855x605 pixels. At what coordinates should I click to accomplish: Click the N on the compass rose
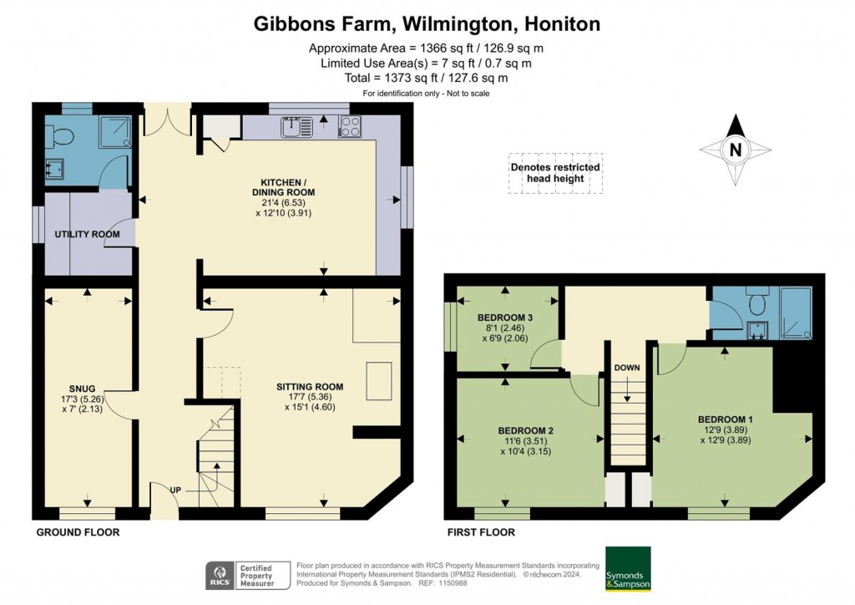point(736,149)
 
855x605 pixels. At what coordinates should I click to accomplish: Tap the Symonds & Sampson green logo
point(628,568)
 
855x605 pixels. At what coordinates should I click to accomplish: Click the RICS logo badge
point(220,576)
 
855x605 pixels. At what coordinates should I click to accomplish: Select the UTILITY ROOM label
point(87,234)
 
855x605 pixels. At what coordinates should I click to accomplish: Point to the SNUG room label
point(83,389)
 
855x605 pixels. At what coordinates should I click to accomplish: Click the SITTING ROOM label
point(310,387)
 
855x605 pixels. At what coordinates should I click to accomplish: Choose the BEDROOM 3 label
point(505,318)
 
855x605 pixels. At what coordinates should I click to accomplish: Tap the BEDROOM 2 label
point(526,430)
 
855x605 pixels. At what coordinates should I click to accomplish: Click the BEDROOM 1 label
point(726,419)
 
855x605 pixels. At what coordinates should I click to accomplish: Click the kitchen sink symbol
point(298,127)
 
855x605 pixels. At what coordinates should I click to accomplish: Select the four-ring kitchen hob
point(350,127)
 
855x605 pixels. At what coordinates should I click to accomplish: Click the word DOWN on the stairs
point(627,368)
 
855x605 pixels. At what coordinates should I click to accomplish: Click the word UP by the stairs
point(175,491)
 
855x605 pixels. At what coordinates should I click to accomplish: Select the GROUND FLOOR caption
point(78,532)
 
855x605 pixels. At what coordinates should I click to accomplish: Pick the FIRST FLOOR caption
point(481,532)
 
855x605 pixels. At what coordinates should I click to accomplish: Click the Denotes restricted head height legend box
point(555,173)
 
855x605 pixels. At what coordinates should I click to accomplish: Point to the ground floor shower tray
point(115,131)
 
